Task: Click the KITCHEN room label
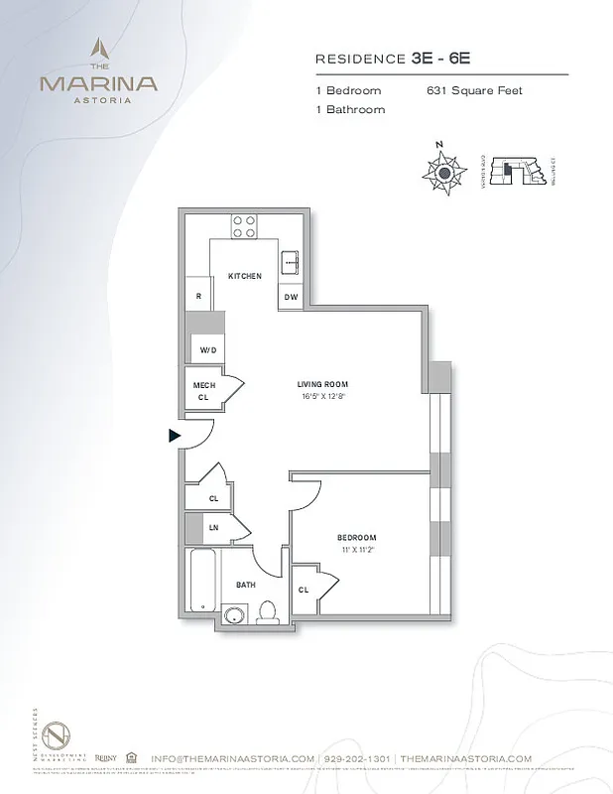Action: click(244, 276)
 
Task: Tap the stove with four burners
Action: click(244, 226)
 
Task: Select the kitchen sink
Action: click(292, 263)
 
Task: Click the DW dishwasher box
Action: click(291, 297)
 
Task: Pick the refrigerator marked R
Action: click(198, 296)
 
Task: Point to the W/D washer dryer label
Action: click(208, 350)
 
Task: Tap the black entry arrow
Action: click(175, 435)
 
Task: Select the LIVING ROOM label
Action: click(323, 384)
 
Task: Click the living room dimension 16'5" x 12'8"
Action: click(323, 396)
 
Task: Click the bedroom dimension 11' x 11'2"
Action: click(357, 548)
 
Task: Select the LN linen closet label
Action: click(213, 528)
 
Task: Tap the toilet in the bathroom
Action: click(267, 610)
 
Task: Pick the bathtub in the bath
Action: click(201, 581)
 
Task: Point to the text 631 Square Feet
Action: click(474, 90)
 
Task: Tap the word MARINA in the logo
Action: click(97, 83)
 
